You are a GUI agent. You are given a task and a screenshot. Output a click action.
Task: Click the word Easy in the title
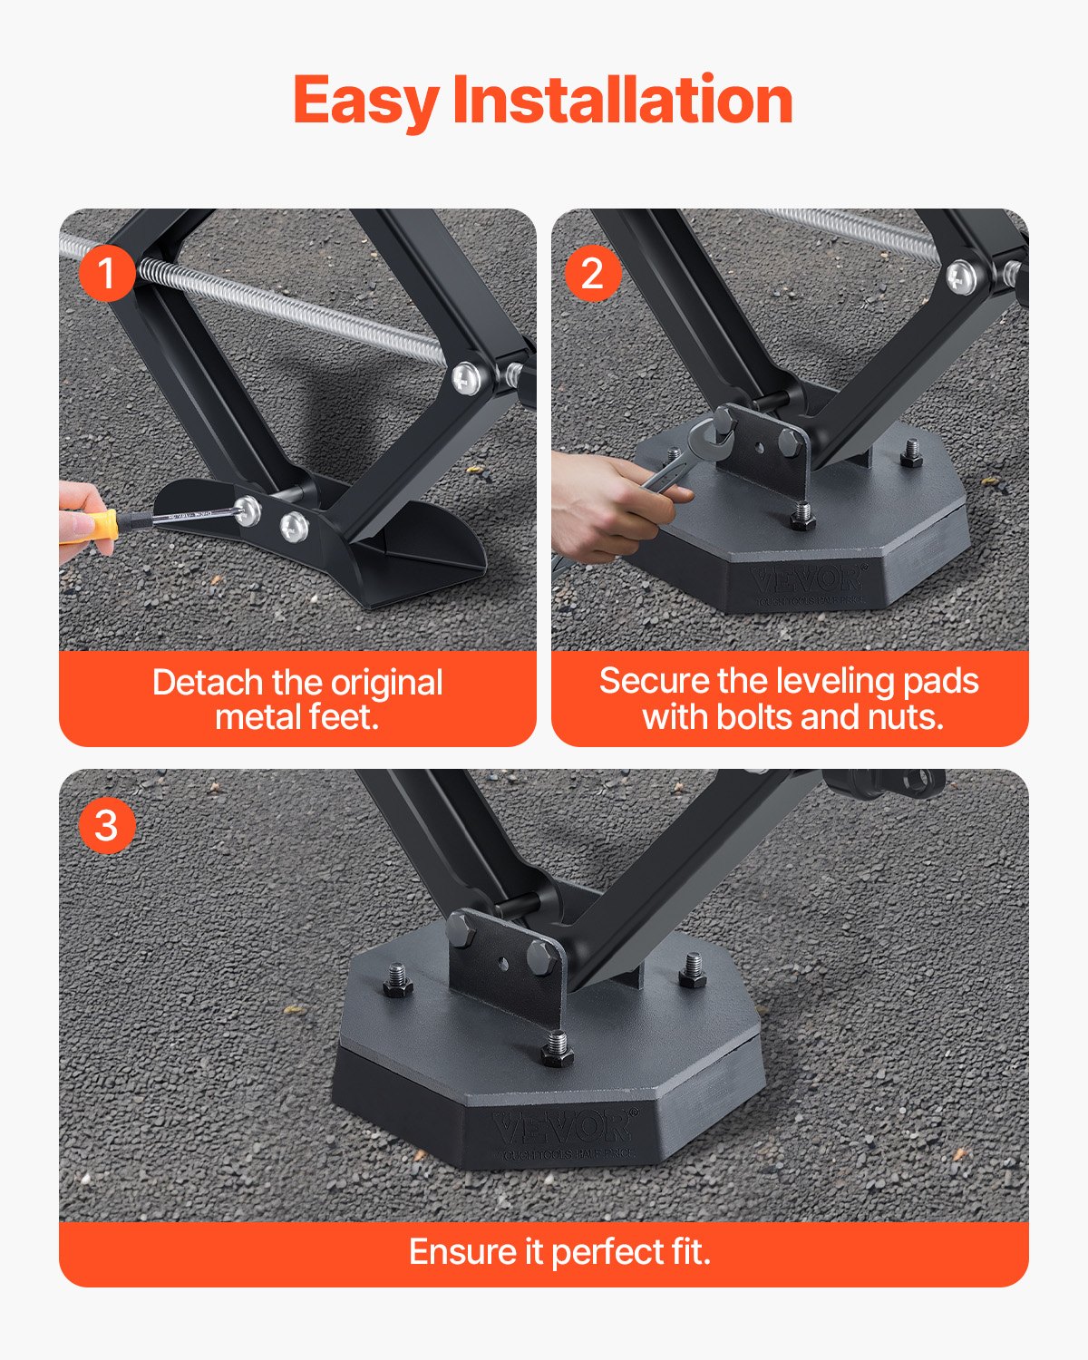coord(366,101)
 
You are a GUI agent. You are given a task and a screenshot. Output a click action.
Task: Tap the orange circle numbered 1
coord(107,273)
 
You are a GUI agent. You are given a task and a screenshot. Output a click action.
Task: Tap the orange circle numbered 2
coord(593,273)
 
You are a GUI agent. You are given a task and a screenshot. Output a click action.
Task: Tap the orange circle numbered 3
coord(107,825)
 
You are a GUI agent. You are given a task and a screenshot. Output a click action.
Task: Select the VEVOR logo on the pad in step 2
coord(810,578)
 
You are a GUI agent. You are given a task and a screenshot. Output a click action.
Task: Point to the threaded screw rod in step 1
coord(299,304)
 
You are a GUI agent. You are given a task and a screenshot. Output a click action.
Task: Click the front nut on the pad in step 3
coord(557,1051)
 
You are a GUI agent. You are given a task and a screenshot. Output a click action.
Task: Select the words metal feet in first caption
coord(296,717)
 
